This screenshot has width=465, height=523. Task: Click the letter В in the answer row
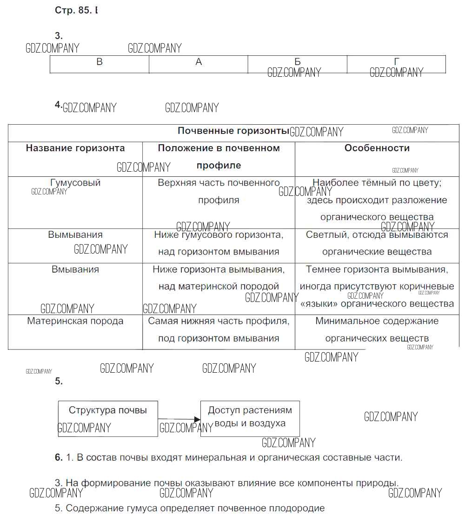click(x=100, y=62)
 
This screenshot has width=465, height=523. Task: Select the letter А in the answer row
click(x=199, y=62)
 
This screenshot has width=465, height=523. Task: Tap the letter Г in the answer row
click(x=397, y=62)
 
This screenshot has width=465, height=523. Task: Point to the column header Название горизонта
click(x=75, y=148)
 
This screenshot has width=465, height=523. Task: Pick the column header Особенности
click(x=377, y=148)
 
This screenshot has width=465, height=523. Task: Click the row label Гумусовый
click(x=75, y=183)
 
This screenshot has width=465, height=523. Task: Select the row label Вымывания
click(x=75, y=235)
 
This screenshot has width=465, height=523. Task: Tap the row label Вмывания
click(x=75, y=269)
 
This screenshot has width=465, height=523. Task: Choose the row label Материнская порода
click(x=75, y=321)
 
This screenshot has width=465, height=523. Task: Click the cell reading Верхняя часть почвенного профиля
click(x=219, y=191)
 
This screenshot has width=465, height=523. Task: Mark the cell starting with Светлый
click(x=377, y=243)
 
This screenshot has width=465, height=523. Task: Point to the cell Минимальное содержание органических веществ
click(x=377, y=329)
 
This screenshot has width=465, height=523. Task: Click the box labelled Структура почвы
click(x=108, y=418)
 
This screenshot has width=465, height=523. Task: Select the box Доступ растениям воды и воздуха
click(x=250, y=418)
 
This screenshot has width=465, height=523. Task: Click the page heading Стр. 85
click(x=73, y=10)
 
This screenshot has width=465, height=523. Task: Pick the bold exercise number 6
click(x=59, y=457)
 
